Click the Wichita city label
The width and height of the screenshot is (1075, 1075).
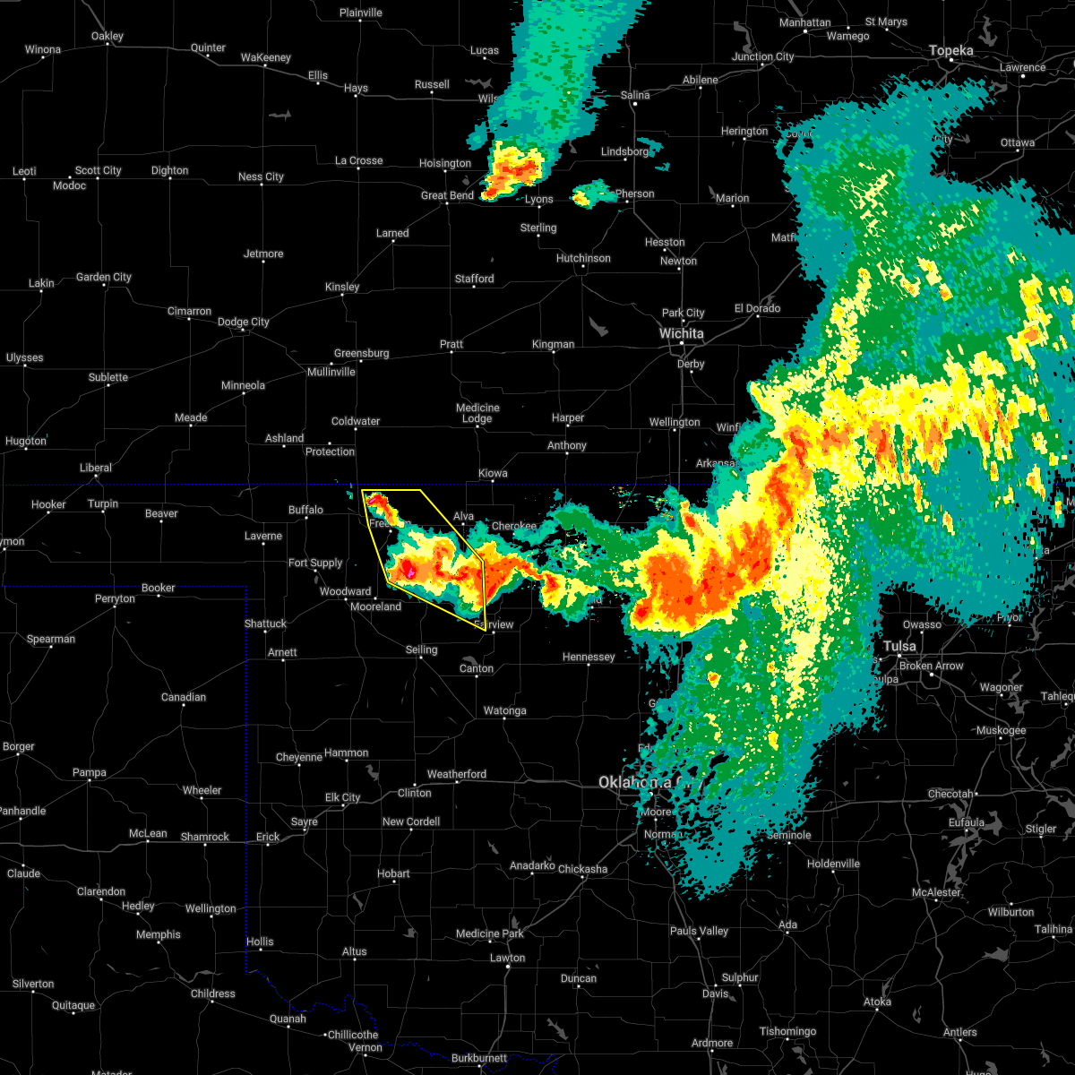pyautogui.click(x=682, y=333)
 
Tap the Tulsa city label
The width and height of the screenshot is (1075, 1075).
pyautogui.click(x=899, y=646)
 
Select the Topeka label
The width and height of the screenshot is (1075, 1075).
pyautogui.click(x=950, y=50)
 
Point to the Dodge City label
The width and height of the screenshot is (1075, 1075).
pyautogui.click(x=243, y=322)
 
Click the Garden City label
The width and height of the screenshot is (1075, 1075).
pyautogui.click(x=104, y=277)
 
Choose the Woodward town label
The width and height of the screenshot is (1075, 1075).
pyautogui.click(x=345, y=591)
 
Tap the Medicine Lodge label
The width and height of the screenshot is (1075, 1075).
pyautogui.click(x=477, y=413)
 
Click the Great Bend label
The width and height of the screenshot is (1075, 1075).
pyautogui.click(x=447, y=195)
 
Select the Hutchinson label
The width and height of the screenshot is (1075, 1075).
pyautogui.click(x=583, y=258)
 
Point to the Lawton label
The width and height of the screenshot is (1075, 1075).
pyautogui.click(x=507, y=958)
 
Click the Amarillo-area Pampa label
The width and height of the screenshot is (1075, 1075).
pyautogui.click(x=90, y=772)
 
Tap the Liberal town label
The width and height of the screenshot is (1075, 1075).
pyautogui.click(x=96, y=468)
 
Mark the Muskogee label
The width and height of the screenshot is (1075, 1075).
pyautogui.click(x=1001, y=730)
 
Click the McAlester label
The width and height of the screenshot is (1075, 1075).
pyautogui.click(x=937, y=892)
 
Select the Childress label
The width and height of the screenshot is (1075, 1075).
pyautogui.click(x=213, y=993)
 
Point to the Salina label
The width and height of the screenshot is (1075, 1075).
pyautogui.click(x=635, y=95)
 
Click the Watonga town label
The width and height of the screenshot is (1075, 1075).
pyautogui.click(x=504, y=710)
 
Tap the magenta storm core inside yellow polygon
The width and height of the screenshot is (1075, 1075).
pyautogui.click(x=409, y=570)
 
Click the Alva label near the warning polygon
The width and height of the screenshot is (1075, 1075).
pyautogui.click(x=463, y=516)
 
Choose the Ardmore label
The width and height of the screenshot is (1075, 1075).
pyautogui.click(x=712, y=1043)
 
